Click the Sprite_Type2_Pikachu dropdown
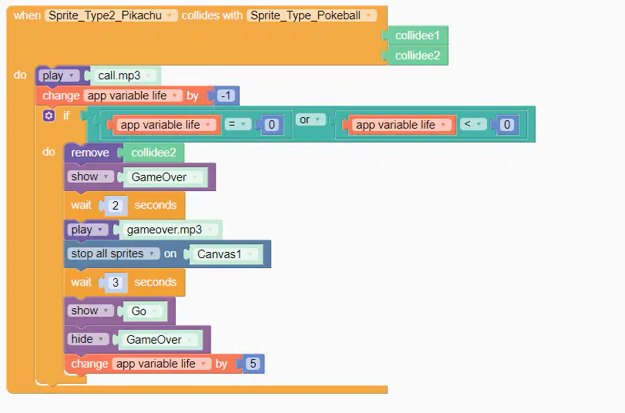(x=111, y=15)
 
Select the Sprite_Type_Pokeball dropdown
(x=311, y=15)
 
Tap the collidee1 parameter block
(x=417, y=35)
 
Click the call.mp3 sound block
(x=124, y=76)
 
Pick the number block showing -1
(x=226, y=96)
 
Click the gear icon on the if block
(x=49, y=116)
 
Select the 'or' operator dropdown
(x=310, y=119)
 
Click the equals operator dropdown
(x=237, y=124)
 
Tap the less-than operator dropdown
(x=473, y=124)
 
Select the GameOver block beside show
(x=164, y=177)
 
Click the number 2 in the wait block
(x=115, y=205)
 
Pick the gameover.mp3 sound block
(x=169, y=230)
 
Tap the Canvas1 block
(x=224, y=254)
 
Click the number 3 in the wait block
(x=115, y=282)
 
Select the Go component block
(x=143, y=311)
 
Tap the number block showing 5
(x=252, y=364)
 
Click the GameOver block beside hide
(x=159, y=340)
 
